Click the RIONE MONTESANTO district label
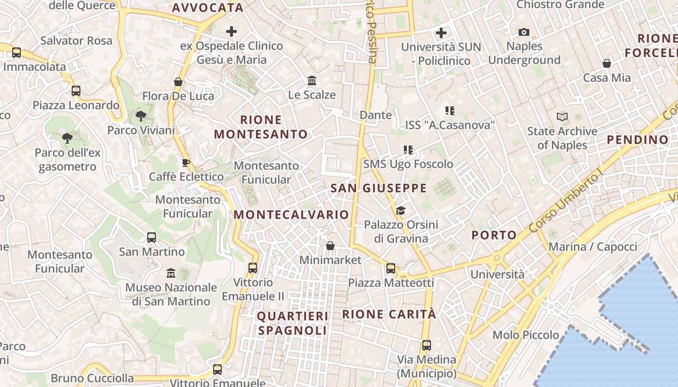click(x=261, y=127)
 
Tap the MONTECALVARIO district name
click(x=292, y=214)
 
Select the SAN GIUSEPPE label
click(x=379, y=188)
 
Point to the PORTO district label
click(x=494, y=235)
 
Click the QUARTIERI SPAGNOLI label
click(x=293, y=323)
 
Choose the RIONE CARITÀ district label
click(x=389, y=314)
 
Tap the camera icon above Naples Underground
click(x=524, y=32)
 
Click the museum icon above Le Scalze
click(x=312, y=80)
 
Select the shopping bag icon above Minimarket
click(x=330, y=246)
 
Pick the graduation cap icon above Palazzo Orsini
click(x=401, y=210)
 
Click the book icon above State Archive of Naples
click(x=562, y=117)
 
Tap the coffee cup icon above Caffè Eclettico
click(x=186, y=163)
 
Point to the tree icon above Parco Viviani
click(x=141, y=116)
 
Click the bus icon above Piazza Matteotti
click(x=391, y=268)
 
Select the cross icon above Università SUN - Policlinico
click(x=441, y=33)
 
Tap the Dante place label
click(x=376, y=115)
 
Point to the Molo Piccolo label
click(x=525, y=335)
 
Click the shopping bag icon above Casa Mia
click(x=607, y=63)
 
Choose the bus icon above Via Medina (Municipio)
click(x=427, y=345)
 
